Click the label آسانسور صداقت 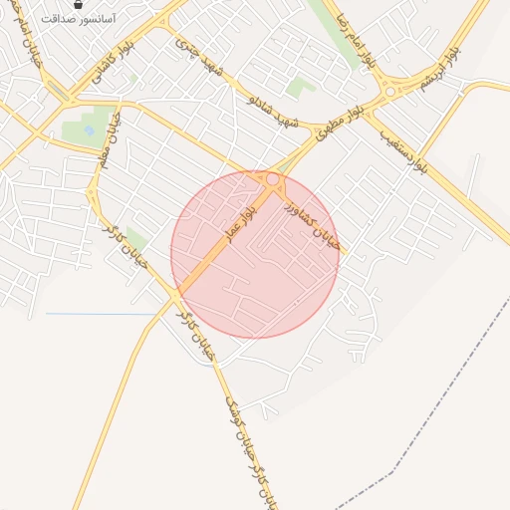tap(79, 19)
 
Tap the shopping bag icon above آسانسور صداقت tap(79, 5)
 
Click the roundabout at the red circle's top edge tap(273, 179)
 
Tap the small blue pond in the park tap(90, 130)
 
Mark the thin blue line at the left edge tap(100, 315)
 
